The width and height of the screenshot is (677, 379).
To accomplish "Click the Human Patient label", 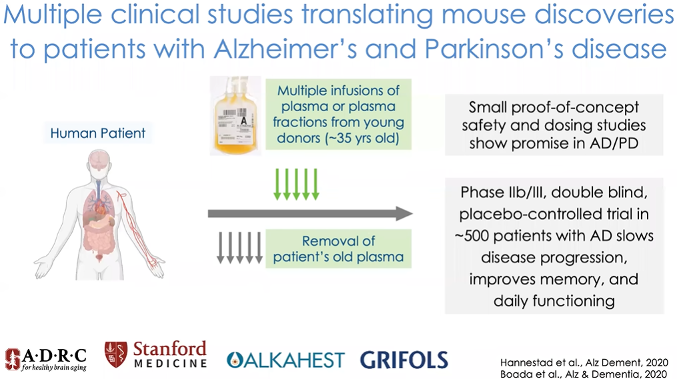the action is (x=97, y=133).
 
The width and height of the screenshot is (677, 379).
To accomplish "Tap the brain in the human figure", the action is (x=99, y=159).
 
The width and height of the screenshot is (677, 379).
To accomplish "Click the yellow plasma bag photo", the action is (x=235, y=115).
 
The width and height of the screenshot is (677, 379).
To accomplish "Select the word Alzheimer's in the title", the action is (x=285, y=49).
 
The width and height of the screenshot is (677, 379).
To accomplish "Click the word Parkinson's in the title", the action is (x=494, y=49).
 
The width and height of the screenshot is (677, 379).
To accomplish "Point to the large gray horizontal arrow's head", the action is (x=404, y=213).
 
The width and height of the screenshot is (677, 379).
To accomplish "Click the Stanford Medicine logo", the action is (x=156, y=354).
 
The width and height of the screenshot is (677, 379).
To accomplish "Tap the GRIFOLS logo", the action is (x=404, y=360).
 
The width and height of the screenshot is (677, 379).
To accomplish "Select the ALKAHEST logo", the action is (x=285, y=360).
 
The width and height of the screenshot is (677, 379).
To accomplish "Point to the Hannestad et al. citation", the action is (x=584, y=362).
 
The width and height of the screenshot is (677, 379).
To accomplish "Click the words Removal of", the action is (x=339, y=240).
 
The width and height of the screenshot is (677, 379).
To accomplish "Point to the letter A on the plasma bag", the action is (x=243, y=121).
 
